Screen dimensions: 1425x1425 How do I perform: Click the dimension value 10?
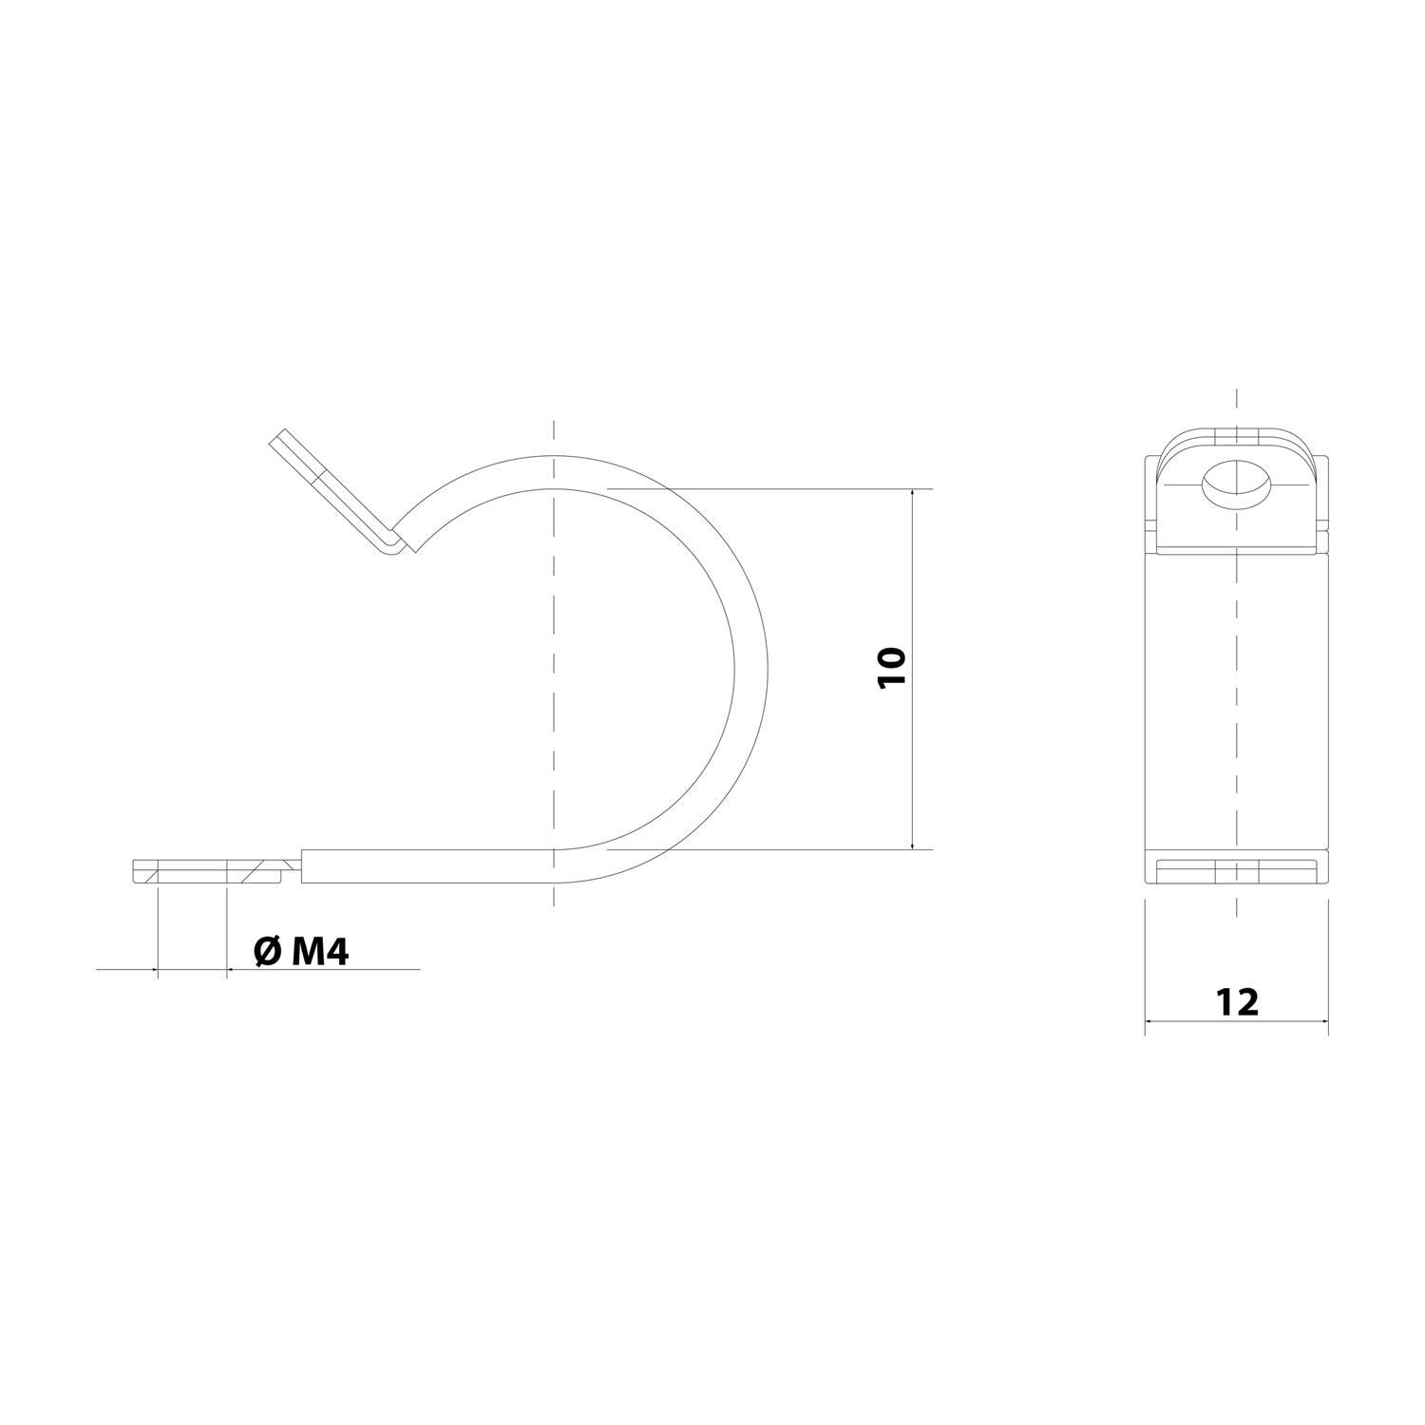[893, 668]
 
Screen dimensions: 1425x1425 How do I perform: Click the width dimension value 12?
[1236, 1001]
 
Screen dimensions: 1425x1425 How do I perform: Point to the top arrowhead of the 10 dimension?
[912, 495]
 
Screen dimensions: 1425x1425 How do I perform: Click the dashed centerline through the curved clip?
[554, 665]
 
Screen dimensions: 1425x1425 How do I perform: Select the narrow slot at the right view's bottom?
[1236, 871]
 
